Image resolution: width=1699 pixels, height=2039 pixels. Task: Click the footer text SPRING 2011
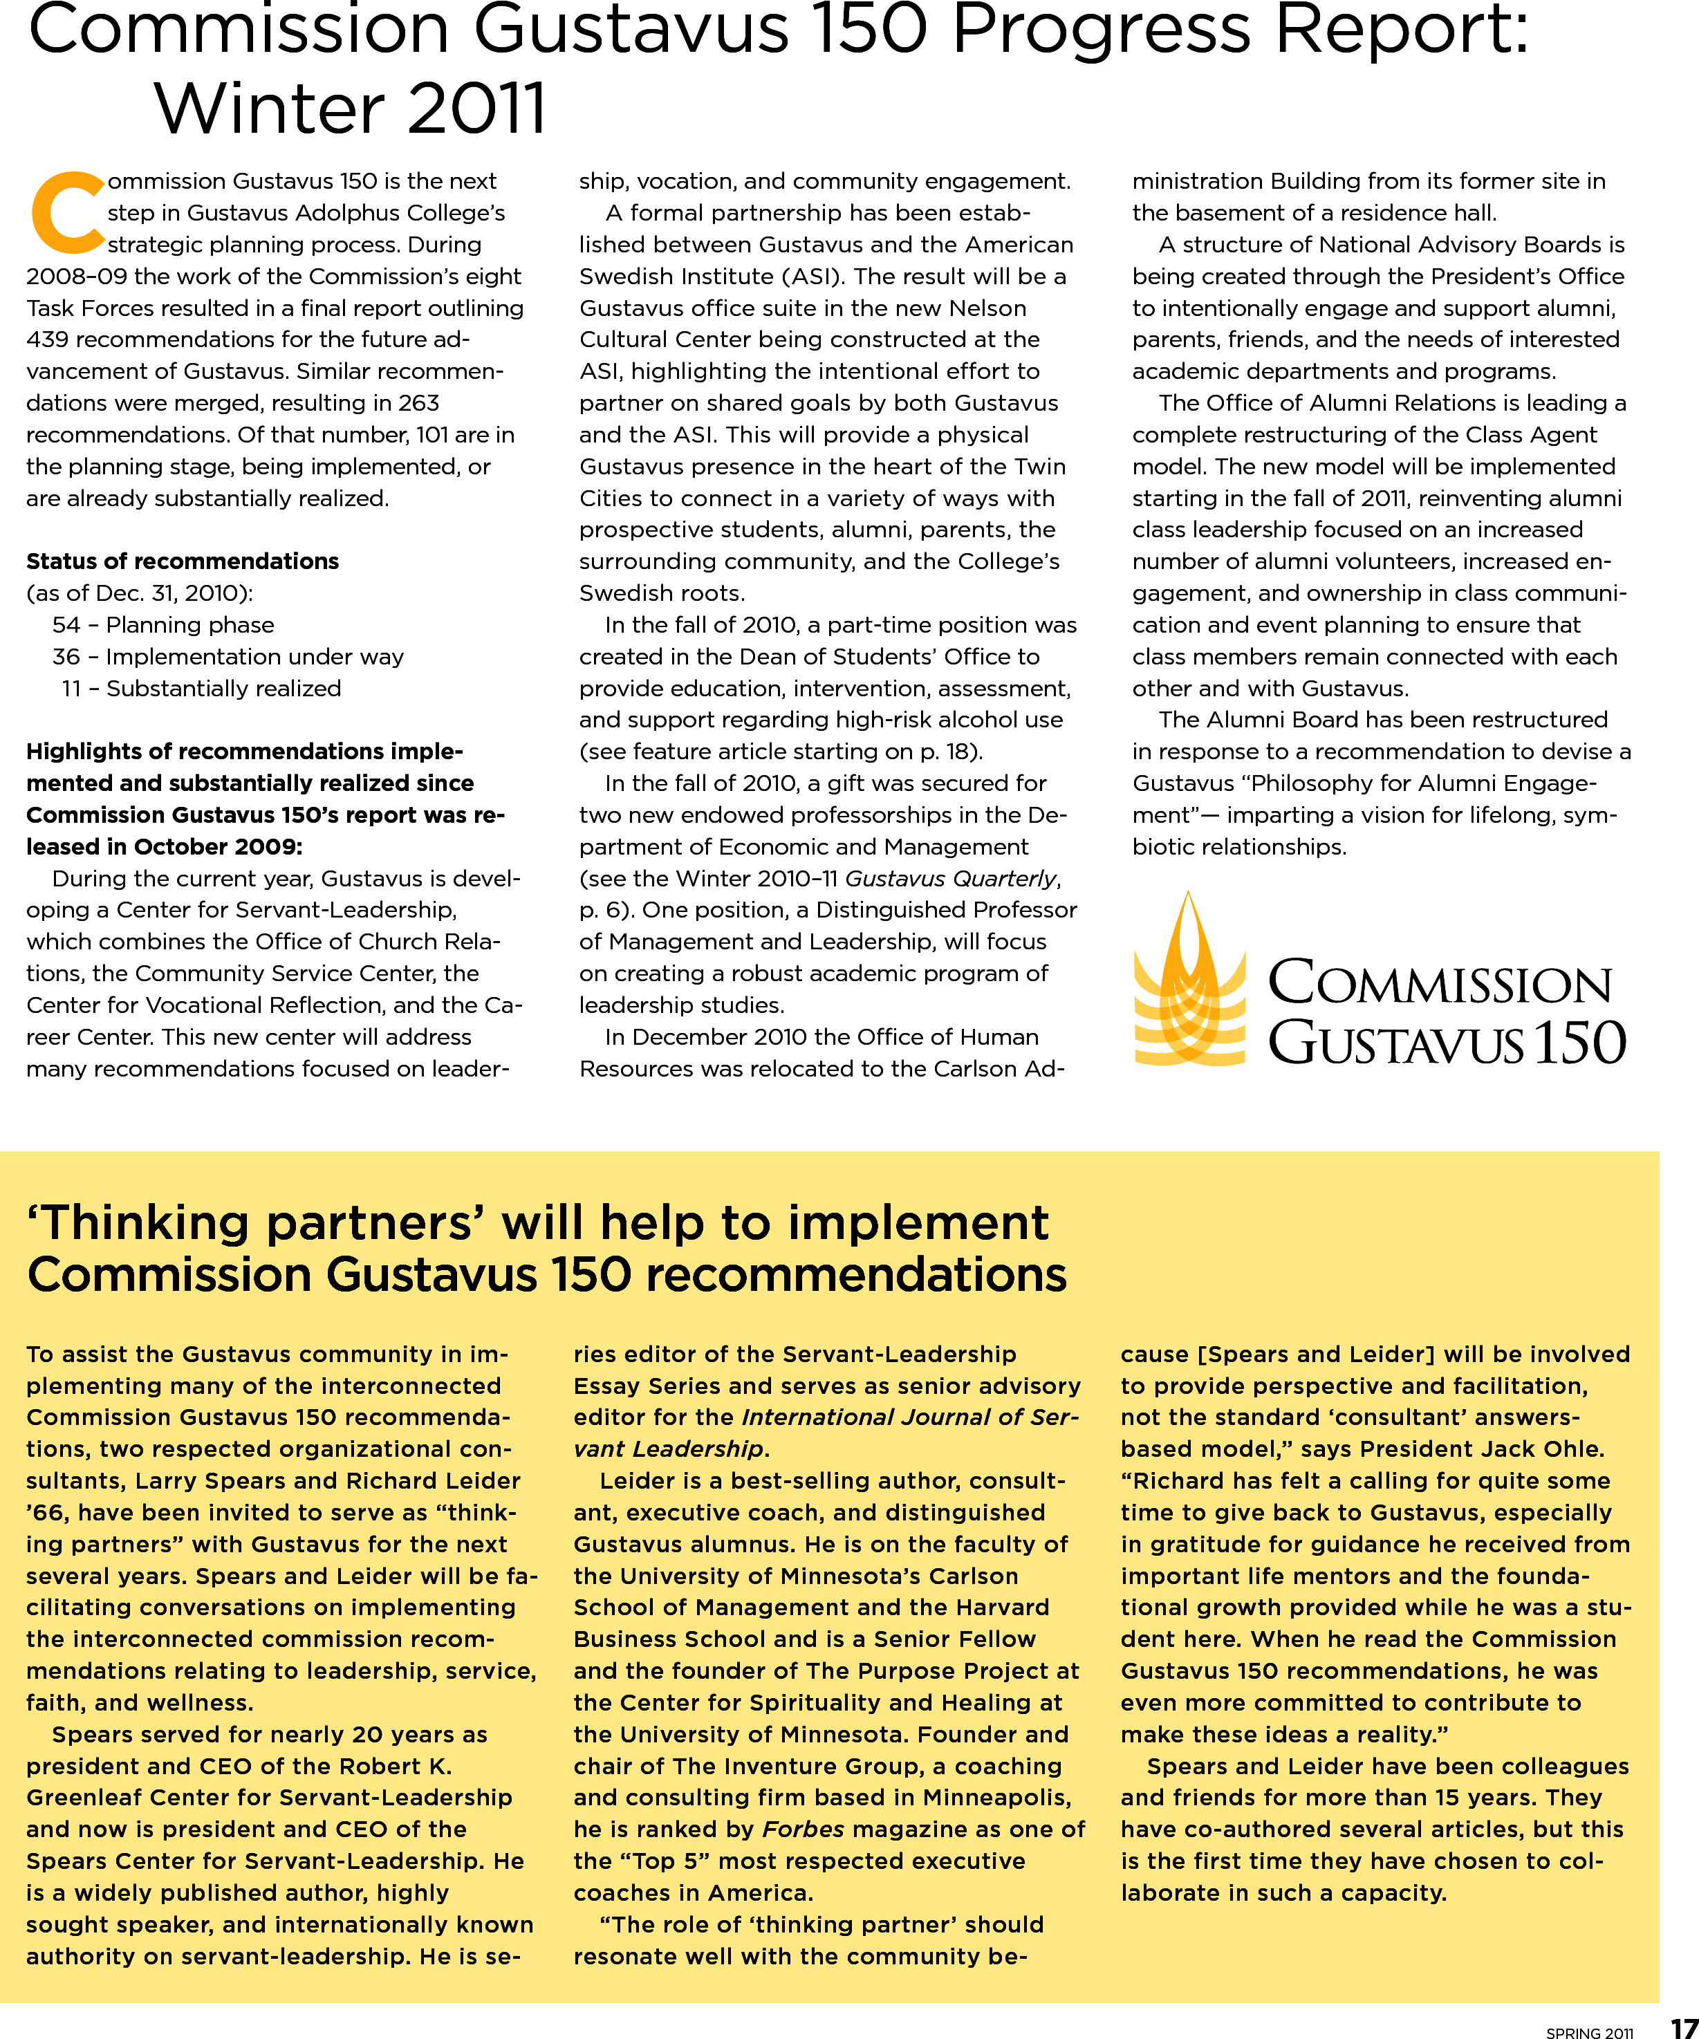coord(1590,2031)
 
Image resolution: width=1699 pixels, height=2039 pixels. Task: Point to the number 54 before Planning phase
coord(66,625)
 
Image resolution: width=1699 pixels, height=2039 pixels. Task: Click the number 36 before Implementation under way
coord(66,658)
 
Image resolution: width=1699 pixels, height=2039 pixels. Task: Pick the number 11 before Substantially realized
coord(71,689)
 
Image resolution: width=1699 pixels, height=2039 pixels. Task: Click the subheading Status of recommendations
coord(183,561)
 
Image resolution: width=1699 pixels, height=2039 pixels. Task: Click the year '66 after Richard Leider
coord(46,1513)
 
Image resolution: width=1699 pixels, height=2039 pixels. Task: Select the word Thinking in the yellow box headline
coord(146,1222)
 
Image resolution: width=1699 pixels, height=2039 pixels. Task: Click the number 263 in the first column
coord(416,403)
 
